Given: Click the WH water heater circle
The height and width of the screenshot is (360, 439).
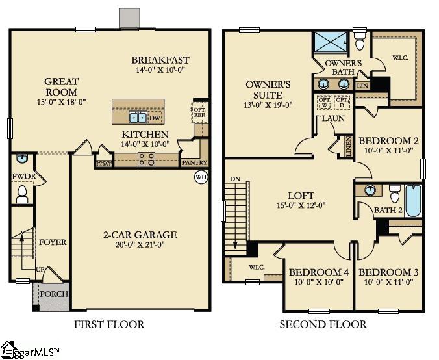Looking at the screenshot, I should click(201, 177).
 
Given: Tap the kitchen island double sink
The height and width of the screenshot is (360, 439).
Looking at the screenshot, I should click(138, 118).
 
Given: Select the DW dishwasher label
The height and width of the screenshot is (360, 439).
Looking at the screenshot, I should click(154, 118).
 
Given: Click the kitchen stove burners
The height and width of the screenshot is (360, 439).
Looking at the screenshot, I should click(146, 160).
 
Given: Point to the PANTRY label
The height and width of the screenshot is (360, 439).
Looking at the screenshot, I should click(194, 162).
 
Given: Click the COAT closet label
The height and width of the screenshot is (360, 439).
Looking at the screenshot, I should click(103, 164).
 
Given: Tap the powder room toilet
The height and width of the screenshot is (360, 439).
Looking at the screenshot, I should click(21, 192).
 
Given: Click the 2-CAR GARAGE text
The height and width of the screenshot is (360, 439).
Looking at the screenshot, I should click(140, 235).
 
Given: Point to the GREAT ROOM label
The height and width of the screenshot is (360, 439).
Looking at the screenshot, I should click(61, 86).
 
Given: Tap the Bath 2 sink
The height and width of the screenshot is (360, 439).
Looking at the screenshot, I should click(370, 190).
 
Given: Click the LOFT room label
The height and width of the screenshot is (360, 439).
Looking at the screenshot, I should click(301, 195).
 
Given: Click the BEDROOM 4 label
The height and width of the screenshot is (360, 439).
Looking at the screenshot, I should click(319, 272).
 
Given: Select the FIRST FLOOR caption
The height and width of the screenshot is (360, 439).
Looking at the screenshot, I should click(109, 324).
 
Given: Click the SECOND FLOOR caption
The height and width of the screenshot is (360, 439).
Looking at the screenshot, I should click(323, 324).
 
